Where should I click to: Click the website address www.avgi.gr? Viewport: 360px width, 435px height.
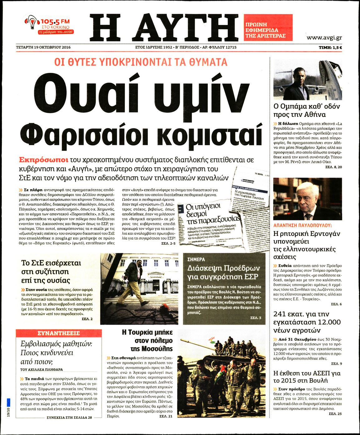[x=324, y=38]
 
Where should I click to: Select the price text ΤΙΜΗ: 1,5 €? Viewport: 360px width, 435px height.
[x=330, y=47]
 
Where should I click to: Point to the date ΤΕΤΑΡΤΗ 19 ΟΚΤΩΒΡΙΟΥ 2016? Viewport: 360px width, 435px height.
[x=43, y=47]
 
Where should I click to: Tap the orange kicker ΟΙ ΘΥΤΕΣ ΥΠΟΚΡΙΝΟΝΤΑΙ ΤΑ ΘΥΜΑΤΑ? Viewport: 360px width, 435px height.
[x=141, y=62]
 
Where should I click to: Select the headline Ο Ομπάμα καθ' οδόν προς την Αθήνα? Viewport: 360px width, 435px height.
[x=306, y=110]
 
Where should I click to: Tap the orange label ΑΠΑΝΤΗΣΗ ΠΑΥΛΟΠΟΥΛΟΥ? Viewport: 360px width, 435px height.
[x=302, y=225]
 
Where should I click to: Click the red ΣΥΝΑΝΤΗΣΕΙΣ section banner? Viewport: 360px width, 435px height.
[x=59, y=333]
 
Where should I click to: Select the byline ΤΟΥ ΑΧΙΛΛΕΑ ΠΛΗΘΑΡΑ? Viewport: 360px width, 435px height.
[x=41, y=370]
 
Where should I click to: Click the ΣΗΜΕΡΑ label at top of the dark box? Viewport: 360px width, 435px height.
[x=196, y=259]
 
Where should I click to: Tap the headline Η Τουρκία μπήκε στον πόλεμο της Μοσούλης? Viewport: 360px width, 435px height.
[x=147, y=340]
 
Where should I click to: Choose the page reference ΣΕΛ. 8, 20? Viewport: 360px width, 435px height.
[x=333, y=167]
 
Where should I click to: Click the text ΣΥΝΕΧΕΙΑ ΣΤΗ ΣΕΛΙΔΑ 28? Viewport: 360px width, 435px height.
[x=69, y=418]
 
